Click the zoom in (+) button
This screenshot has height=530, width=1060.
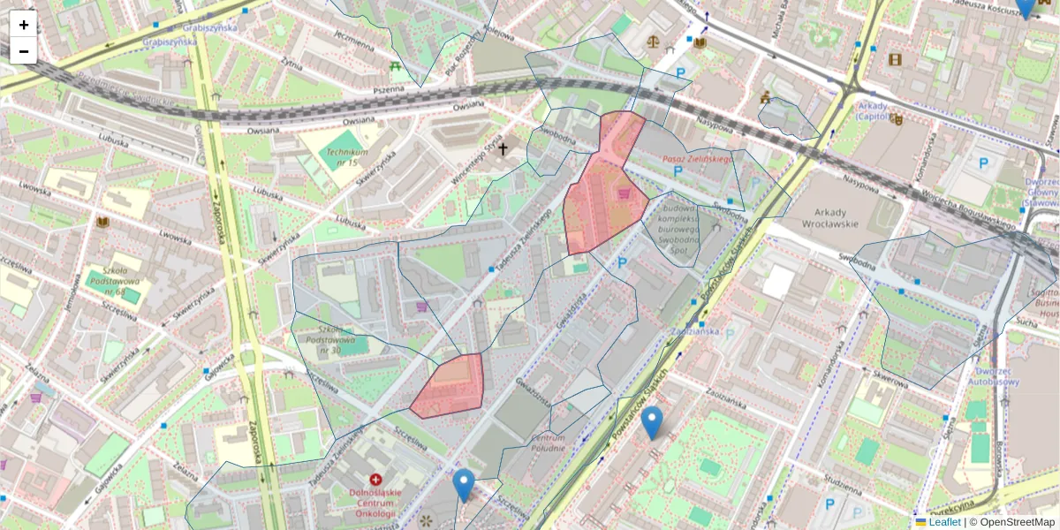click(24, 25)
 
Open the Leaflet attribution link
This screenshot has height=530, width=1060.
click(944, 522)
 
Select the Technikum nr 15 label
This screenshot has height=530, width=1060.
click(341, 157)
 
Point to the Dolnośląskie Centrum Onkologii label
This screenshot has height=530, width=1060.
click(375, 502)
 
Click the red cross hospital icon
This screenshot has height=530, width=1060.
click(375, 480)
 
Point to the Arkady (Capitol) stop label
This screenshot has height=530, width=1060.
click(877, 110)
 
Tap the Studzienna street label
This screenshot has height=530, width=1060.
click(842, 484)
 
